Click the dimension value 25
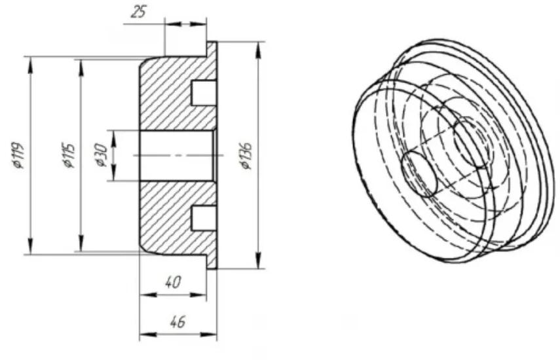(139, 11)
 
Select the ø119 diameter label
(18, 155)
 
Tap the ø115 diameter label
(69, 156)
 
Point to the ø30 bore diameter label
(102, 155)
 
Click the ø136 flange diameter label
(246, 156)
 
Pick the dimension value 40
(173, 282)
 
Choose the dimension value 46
(178, 322)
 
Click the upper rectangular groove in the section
(204, 93)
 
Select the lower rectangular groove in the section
(204, 218)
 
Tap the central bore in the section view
(177, 156)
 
